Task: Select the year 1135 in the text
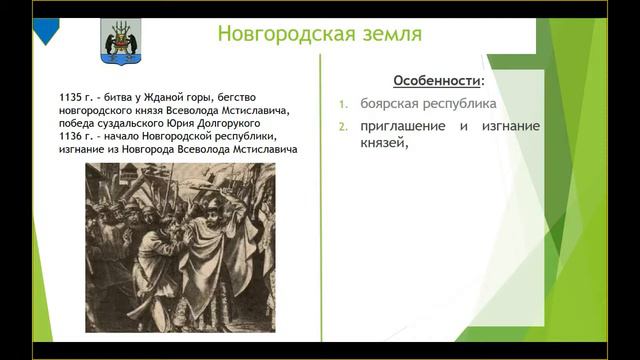point(73,97)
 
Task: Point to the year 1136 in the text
point(73,136)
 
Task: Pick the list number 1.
point(341,104)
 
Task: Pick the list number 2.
point(341,127)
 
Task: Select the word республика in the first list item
point(461,103)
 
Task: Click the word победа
point(81,123)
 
